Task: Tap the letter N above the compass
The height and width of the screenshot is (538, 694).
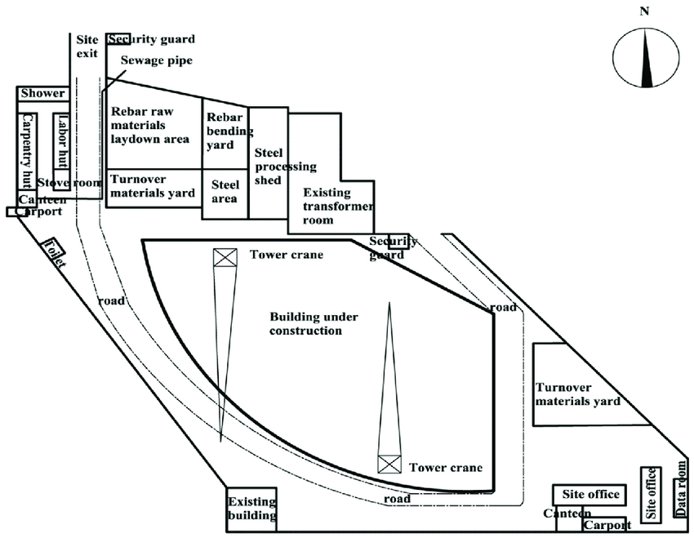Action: coord(644,11)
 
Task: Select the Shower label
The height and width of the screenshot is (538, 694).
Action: coord(43,93)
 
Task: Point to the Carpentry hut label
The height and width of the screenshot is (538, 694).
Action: coord(27,151)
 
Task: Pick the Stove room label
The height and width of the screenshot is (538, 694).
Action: coord(69,182)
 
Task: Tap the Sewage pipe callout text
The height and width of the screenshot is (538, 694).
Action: coord(157,60)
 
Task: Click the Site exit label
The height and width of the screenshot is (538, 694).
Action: coord(87,47)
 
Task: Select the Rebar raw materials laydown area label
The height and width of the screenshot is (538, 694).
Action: coord(150,125)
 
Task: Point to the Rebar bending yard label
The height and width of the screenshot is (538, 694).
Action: coord(229,131)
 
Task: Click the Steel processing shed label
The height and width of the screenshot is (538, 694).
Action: coord(286,167)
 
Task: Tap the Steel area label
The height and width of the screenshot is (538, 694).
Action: coord(225,192)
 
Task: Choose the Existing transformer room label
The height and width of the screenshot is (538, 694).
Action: coord(338,207)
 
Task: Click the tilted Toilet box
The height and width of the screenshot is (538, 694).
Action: coord(55,253)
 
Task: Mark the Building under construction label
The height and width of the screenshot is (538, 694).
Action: coord(314,324)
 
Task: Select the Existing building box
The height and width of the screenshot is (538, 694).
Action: coord(251,509)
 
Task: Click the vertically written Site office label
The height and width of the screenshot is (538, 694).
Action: coord(651,494)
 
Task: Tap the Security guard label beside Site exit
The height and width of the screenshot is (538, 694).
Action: coord(151,39)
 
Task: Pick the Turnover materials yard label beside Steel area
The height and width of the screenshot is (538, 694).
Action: coord(153,186)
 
